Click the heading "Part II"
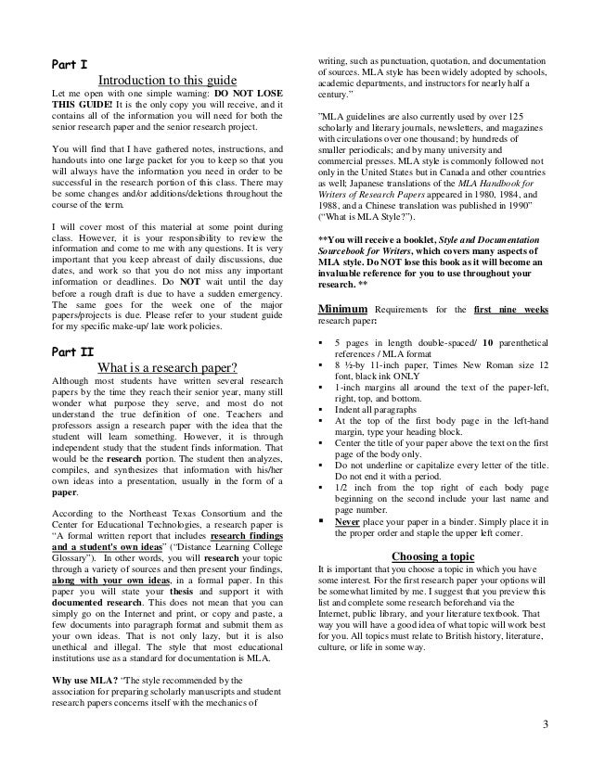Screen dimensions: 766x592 71,326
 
